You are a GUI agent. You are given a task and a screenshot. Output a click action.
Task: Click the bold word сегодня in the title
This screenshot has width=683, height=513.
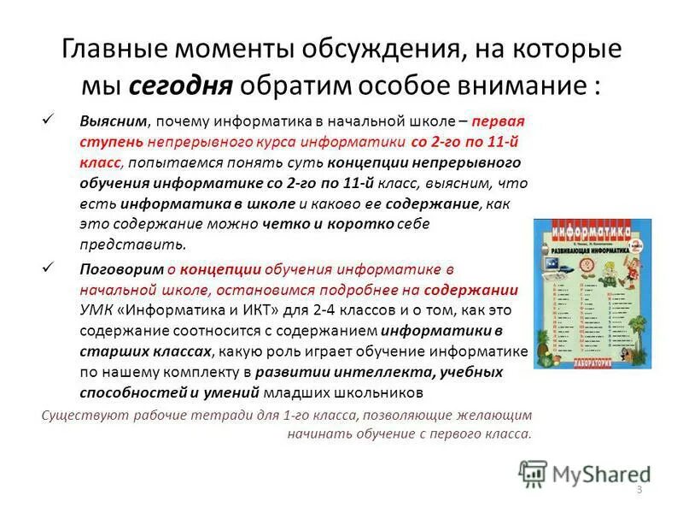[180, 86]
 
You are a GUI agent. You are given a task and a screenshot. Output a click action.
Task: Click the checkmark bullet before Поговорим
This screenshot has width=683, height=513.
[49, 267]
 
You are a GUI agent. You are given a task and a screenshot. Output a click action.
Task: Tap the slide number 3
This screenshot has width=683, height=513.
[639, 487]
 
